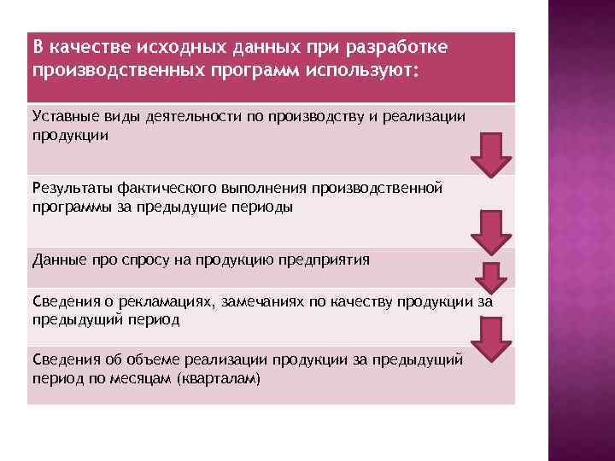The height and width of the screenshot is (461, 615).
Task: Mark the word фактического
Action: [168, 188]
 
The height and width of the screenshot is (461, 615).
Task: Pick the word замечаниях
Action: [263, 301]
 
